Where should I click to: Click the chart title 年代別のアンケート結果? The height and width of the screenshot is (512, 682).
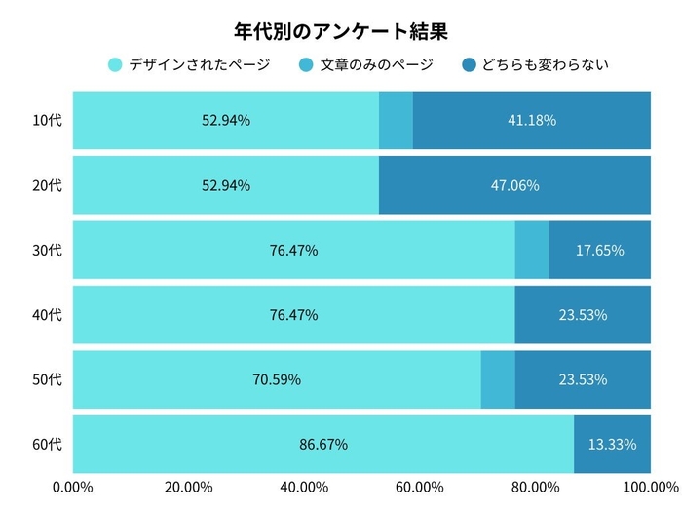pos(341,32)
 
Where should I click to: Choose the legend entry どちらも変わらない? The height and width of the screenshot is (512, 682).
pos(544,65)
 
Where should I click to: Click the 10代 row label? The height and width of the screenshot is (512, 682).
pos(47,121)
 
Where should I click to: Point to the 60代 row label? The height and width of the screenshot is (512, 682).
pos(47,445)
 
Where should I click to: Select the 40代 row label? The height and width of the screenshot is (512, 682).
pos(47,315)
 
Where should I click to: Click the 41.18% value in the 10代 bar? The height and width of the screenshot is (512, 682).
pos(532,121)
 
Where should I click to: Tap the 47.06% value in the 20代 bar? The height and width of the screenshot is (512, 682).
pos(514,185)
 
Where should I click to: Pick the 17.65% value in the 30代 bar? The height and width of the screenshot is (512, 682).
pos(599,250)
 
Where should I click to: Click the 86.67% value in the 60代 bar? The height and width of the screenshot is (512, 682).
pos(322,445)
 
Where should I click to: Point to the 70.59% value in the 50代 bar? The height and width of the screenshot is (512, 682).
pos(277,379)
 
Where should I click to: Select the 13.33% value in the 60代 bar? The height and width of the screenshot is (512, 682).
pos(612,445)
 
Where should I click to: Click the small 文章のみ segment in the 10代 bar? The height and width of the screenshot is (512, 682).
pos(396,121)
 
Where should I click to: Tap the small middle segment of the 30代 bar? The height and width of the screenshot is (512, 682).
pos(532,250)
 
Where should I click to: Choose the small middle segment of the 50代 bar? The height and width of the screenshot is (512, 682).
pos(498,379)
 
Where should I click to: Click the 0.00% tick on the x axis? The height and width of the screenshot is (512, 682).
pos(72,487)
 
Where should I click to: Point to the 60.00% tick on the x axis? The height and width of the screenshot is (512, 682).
pos(420,487)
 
